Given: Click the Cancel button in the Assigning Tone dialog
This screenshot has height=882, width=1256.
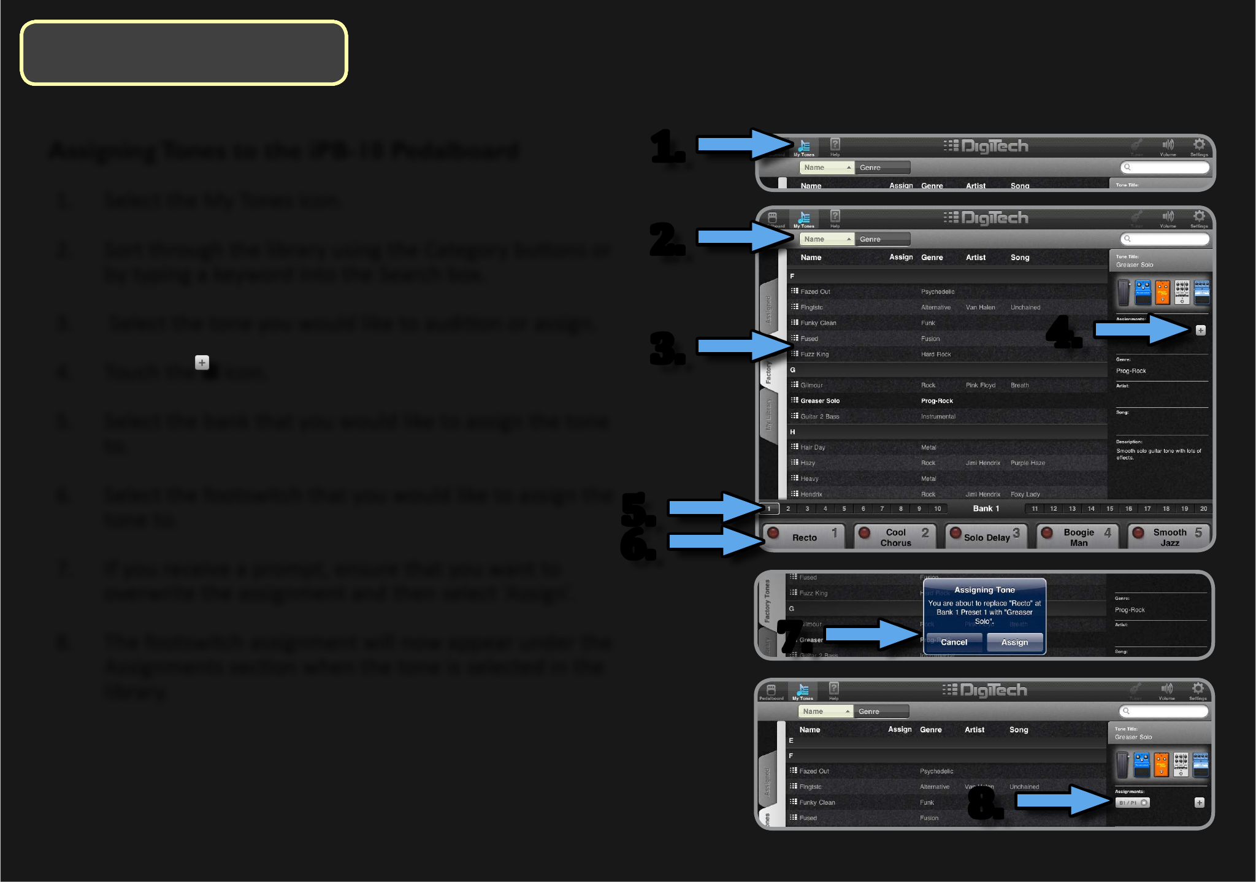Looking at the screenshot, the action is pos(954,642).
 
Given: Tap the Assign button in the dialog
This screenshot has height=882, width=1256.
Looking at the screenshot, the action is pos(1014,642).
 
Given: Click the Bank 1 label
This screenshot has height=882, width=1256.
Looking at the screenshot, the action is pos(986,508).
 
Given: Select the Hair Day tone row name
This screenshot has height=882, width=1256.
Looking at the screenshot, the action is pos(813,448).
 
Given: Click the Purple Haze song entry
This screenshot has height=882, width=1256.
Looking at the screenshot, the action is pos(1027,463).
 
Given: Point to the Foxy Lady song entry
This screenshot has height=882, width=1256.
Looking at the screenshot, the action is pos(1025,494).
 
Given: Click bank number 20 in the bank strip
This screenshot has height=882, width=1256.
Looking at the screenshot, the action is pos(1203,508).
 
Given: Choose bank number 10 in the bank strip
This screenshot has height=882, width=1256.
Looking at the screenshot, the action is pos(937,508).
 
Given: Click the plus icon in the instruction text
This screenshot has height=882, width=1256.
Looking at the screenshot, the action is pos(202,362).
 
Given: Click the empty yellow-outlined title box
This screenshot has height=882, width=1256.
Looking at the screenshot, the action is pos(184,53).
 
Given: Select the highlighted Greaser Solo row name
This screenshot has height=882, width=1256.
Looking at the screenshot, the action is pos(819,401).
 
